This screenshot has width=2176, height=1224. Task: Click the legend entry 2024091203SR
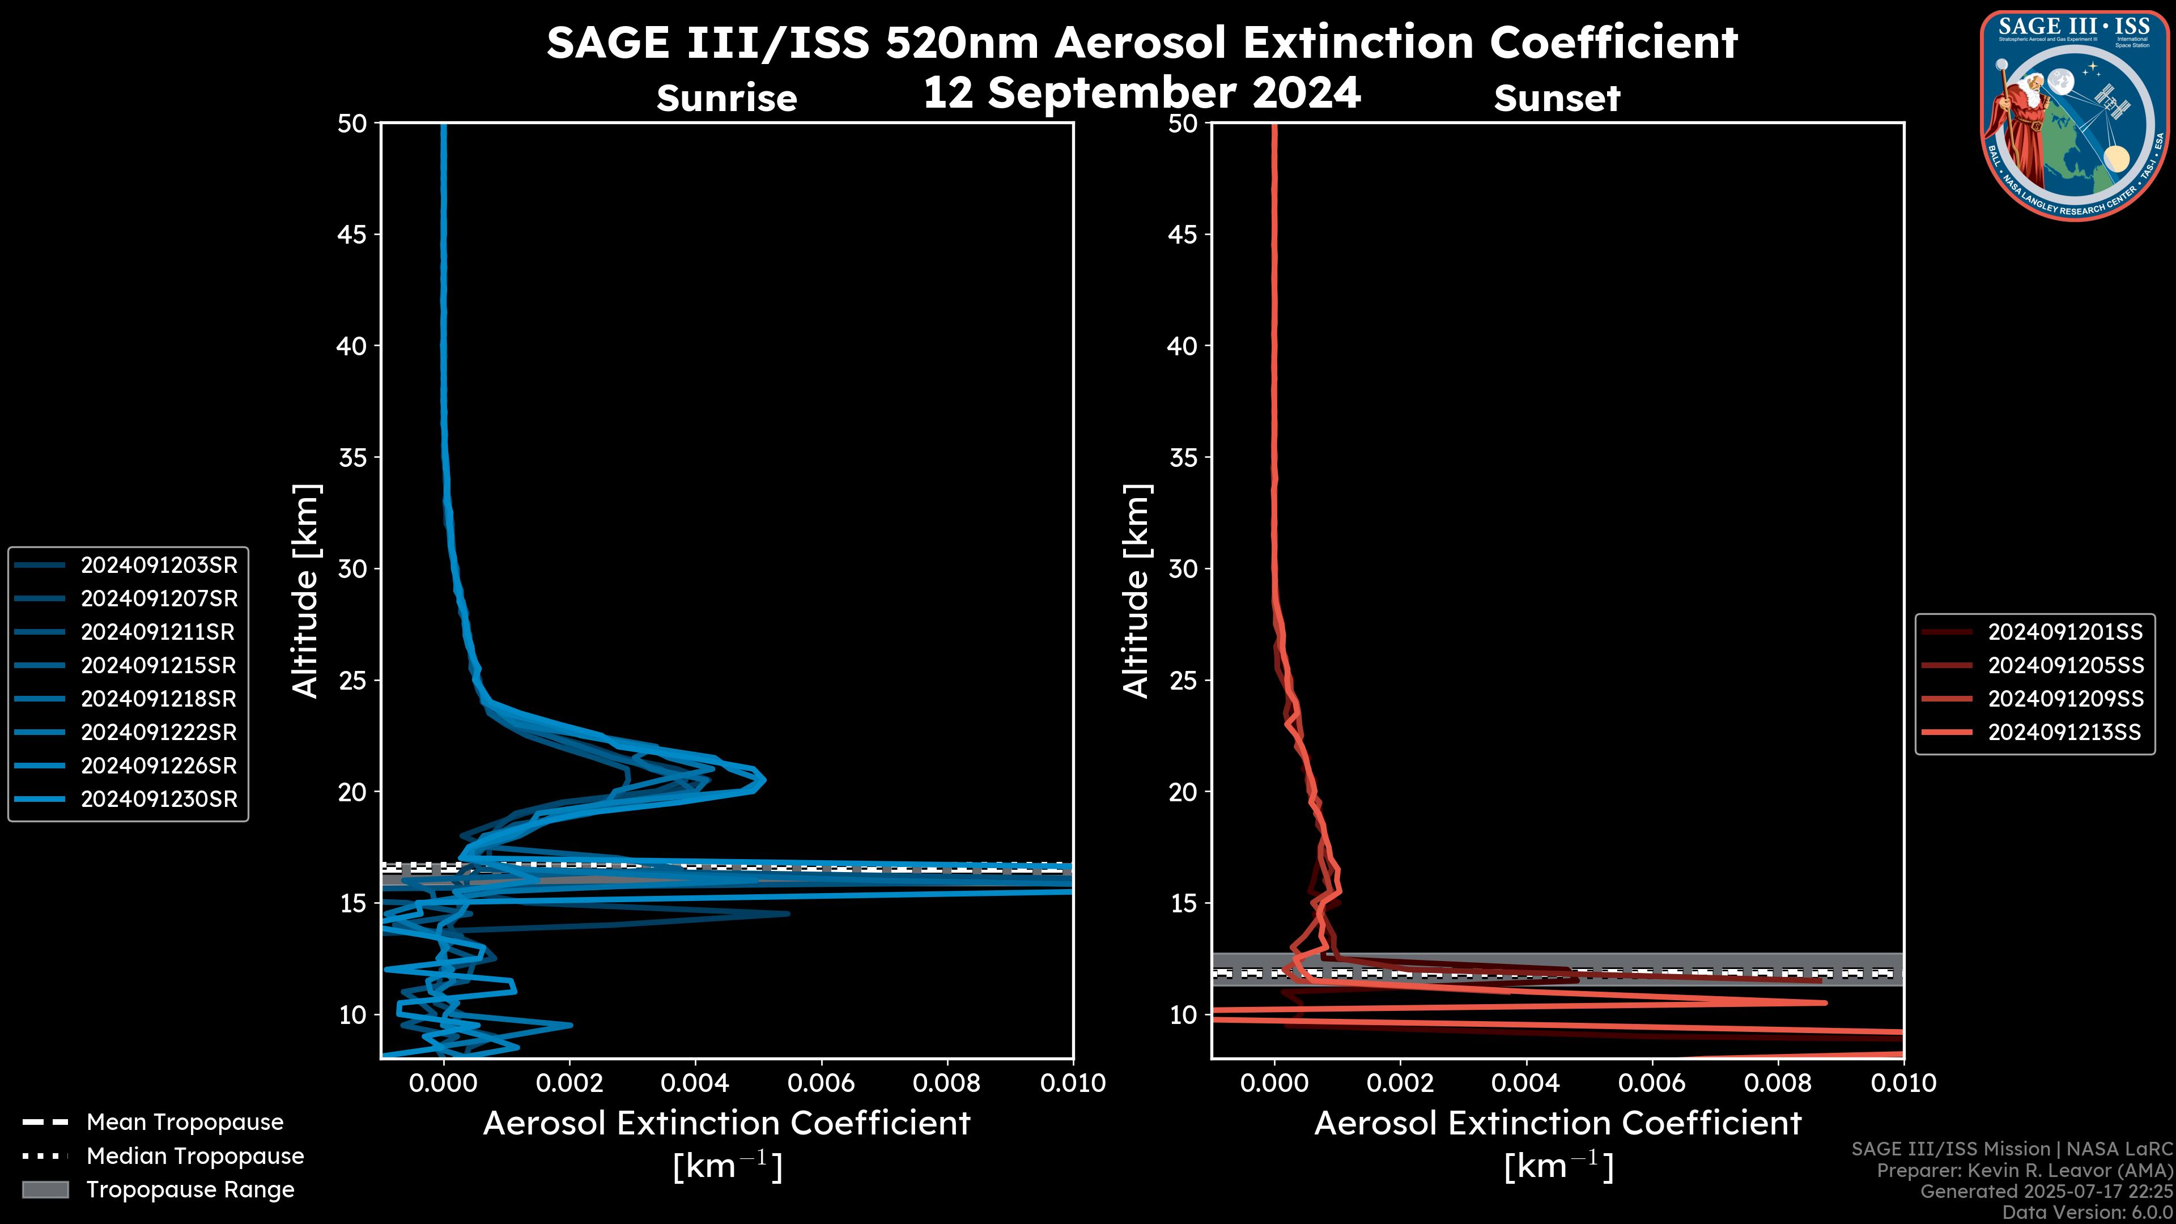[159, 565]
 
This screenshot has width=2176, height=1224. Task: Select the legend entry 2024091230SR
[159, 799]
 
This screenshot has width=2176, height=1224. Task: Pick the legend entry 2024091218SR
[159, 699]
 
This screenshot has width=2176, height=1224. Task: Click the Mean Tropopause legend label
[185, 1122]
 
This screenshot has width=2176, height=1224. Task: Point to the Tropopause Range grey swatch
[45, 1189]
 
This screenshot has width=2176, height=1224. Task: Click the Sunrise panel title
[726, 98]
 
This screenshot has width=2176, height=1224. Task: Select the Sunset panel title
[1557, 98]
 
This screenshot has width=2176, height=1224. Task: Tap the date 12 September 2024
[1141, 93]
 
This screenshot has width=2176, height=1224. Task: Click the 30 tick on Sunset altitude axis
[1183, 568]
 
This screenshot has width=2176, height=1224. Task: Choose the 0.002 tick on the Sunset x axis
[1400, 1083]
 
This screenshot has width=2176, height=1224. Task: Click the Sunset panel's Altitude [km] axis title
[1136, 591]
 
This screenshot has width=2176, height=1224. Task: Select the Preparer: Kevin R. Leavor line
[2025, 1170]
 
